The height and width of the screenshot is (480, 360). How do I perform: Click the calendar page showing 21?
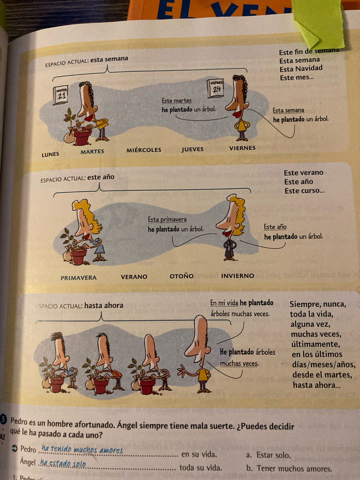(x=60, y=95)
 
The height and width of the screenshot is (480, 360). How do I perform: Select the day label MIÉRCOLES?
(x=144, y=150)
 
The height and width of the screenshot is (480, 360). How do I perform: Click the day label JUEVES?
(x=193, y=149)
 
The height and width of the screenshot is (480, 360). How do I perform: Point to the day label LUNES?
(x=50, y=154)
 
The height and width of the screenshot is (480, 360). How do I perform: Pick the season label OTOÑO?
(x=182, y=276)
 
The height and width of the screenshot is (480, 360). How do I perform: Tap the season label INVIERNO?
(x=238, y=276)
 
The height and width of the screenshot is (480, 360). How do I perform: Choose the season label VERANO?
(x=134, y=277)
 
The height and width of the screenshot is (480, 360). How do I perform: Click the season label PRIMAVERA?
(x=79, y=278)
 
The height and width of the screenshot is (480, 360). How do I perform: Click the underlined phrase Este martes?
(x=176, y=101)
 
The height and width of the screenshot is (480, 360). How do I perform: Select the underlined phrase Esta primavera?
(x=167, y=220)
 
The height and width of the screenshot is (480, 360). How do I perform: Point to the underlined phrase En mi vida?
(x=224, y=303)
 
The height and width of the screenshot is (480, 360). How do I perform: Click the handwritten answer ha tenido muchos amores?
(x=82, y=450)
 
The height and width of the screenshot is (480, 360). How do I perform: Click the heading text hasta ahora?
(x=103, y=305)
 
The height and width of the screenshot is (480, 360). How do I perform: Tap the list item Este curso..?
(x=304, y=191)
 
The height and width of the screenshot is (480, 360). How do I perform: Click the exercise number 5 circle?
(x=3, y=420)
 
